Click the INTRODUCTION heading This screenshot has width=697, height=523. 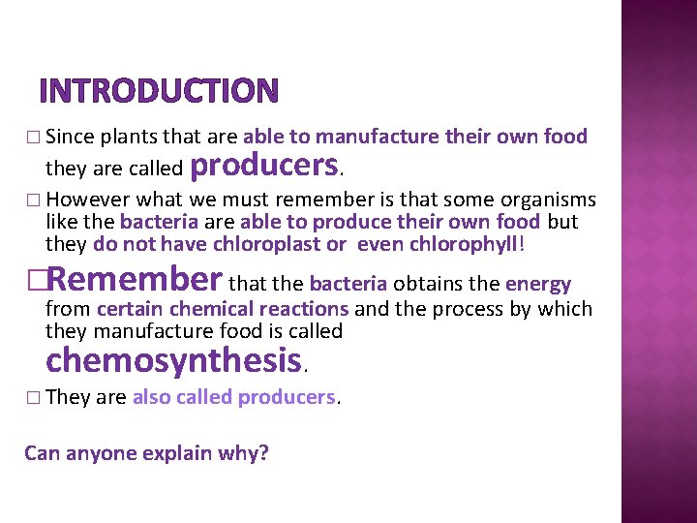tap(159, 90)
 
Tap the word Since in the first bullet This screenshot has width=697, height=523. tap(67, 137)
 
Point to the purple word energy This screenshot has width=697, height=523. tap(537, 285)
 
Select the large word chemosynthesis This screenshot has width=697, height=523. tap(174, 360)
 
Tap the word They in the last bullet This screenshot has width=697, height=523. tap(68, 397)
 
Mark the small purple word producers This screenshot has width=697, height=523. tap(287, 397)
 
